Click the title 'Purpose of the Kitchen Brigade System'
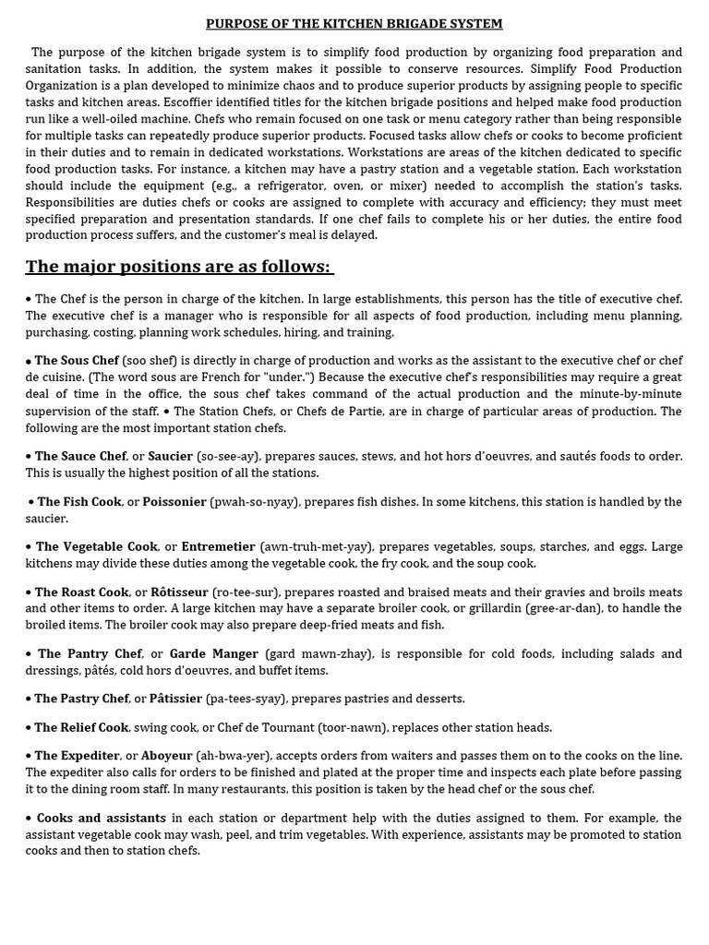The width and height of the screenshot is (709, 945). (354, 24)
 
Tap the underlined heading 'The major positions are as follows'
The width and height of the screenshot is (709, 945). (178, 267)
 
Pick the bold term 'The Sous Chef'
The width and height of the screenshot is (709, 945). (77, 360)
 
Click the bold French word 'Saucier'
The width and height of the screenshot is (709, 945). (170, 456)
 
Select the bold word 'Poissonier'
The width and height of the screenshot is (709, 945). (174, 502)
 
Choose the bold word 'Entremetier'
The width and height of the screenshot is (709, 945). (218, 547)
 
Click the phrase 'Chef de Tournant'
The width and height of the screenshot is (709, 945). (268, 728)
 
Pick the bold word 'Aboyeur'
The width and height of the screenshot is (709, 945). (166, 756)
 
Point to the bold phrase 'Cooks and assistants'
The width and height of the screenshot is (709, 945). (102, 819)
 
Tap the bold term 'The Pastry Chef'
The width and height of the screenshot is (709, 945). (82, 699)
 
